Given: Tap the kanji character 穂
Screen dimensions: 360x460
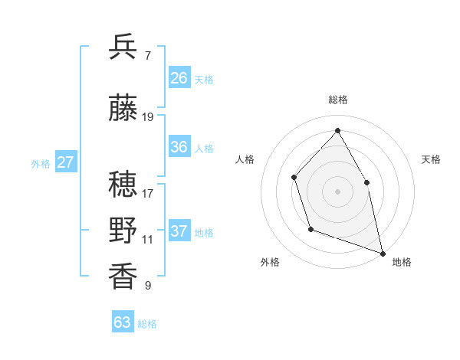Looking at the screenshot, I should pyautogui.click(x=123, y=183).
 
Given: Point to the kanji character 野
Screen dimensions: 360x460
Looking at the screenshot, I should pyautogui.click(x=123, y=230).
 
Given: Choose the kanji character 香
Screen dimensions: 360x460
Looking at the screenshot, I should pyautogui.click(x=123, y=276).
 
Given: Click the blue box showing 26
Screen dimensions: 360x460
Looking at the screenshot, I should pyautogui.click(x=179, y=78).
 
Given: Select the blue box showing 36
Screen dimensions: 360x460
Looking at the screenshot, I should pyautogui.click(x=179, y=147).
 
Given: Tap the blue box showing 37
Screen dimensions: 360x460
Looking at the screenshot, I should pyautogui.click(x=179, y=231).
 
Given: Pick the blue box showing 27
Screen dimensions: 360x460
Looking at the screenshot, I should pyautogui.click(x=66, y=162).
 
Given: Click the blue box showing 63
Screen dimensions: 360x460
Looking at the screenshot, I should pyautogui.click(x=123, y=322).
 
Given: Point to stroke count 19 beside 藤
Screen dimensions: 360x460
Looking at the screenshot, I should pyautogui.click(x=149, y=117).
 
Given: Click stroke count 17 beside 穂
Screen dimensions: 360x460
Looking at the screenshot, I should pyautogui.click(x=148, y=193).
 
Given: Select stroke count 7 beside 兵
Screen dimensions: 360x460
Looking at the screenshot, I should pyautogui.click(x=148, y=56).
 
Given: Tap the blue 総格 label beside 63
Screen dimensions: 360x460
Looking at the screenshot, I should pyautogui.click(x=147, y=324).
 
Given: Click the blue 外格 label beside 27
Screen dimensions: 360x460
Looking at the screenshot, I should pyautogui.click(x=41, y=163).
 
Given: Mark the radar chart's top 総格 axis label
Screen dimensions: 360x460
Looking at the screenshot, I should pyautogui.click(x=337, y=100).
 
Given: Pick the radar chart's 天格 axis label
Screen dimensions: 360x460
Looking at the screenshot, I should pyautogui.click(x=431, y=159).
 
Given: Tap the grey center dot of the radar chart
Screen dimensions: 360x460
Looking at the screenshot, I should pyautogui.click(x=337, y=191).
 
